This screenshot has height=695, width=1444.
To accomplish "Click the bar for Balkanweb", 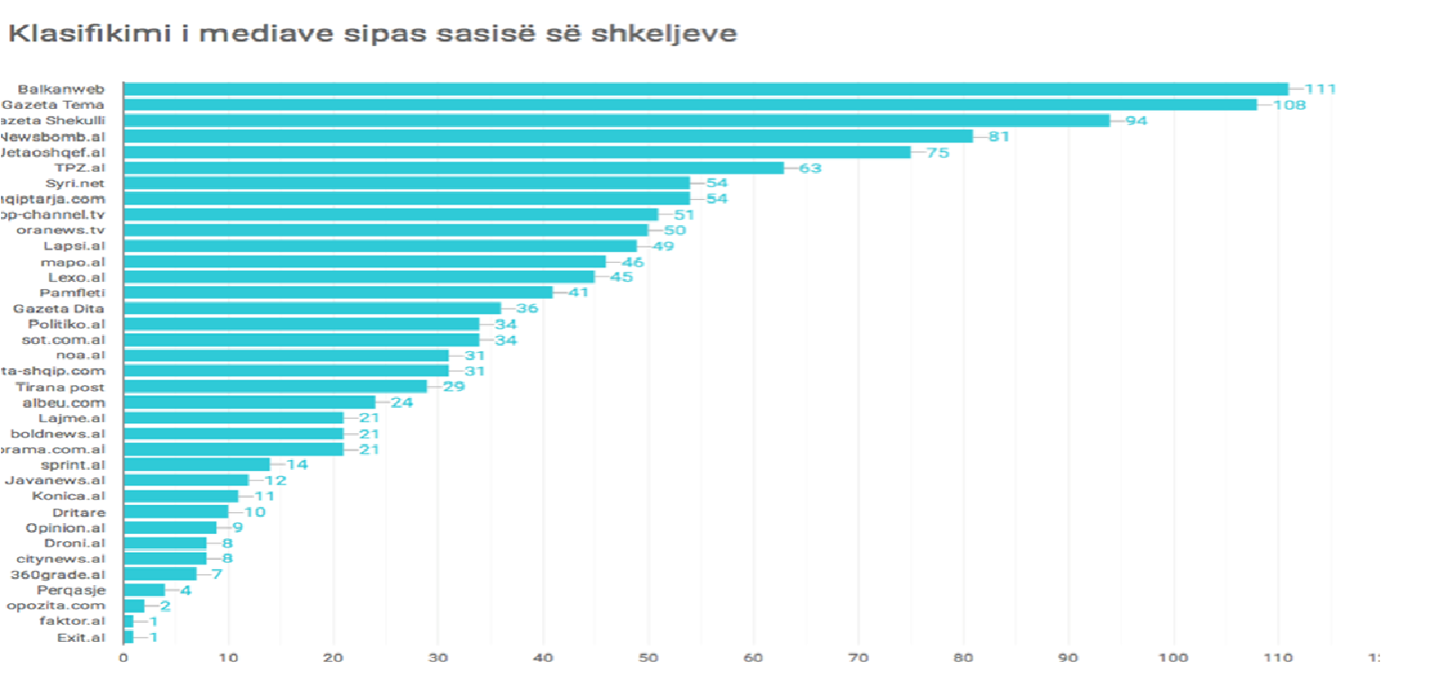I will click(706, 89).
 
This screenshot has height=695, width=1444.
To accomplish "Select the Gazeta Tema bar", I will click(690, 104).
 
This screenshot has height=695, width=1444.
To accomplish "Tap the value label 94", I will click(1136, 121).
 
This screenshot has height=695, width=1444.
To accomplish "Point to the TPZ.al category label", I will click(79, 167).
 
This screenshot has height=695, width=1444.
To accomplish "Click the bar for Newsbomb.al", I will click(548, 136).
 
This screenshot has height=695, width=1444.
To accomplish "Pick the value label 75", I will click(937, 152).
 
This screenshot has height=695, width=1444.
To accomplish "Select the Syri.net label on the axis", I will click(75, 183).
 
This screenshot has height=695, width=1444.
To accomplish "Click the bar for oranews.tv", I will click(385, 230).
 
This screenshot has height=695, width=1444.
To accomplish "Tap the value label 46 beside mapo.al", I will click(633, 262).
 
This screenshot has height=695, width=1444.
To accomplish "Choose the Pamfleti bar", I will click(338, 293).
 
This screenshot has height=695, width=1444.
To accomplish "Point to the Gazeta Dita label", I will click(59, 309).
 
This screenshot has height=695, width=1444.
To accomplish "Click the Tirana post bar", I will click(275, 386).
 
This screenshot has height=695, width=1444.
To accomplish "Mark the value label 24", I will click(402, 402).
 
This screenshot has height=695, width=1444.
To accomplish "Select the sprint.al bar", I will click(196, 465).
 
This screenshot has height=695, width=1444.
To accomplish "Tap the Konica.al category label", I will click(68, 496).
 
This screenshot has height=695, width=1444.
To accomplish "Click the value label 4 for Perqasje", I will click(185, 591).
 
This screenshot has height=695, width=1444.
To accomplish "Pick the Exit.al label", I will click(81, 637).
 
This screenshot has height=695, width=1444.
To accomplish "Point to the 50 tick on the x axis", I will click(648, 658).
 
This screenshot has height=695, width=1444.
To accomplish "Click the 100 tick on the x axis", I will click(1172, 658).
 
